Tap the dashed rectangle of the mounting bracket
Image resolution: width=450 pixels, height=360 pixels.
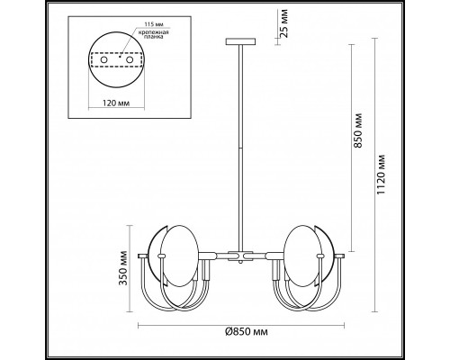coord(116,61)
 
